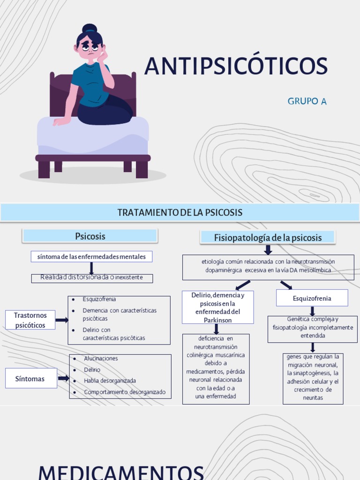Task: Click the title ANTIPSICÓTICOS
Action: pyautogui.click(x=236, y=66)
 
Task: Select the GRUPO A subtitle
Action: pyautogui.click(x=307, y=101)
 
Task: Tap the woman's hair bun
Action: pyautogui.click(x=89, y=29)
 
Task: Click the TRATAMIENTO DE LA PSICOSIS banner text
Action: pyautogui.click(x=180, y=212)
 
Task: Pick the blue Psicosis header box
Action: pyautogui.click(x=90, y=236)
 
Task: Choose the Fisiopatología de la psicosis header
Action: pyautogui.click(x=268, y=237)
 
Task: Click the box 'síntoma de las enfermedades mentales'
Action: pyautogui.click(x=91, y=256)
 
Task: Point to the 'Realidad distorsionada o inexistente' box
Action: pyautogui.click(x=92, y=278)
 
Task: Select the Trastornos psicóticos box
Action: pyautogui.click(x=30, y=320)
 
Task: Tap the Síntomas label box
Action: pyautogui.click(x=31, y=378)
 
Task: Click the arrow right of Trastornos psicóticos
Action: pyautogui.click(x=62, y=320)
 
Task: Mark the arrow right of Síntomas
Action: pyautogui.click(x=63, y=378)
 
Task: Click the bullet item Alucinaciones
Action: pyautogui.click(x=101, y=359)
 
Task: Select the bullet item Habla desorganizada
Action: pyautogui.click(x=109, y=381)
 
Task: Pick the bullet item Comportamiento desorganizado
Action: pyautogui.click(x=124, y=392)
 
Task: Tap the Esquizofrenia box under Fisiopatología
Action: pyautogui.click(x=312, y=298)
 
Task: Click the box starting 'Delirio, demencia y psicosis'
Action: pyautogui.click(x=217, y=307)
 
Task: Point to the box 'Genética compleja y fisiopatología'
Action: pyautogui.click(x=312, y=327)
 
